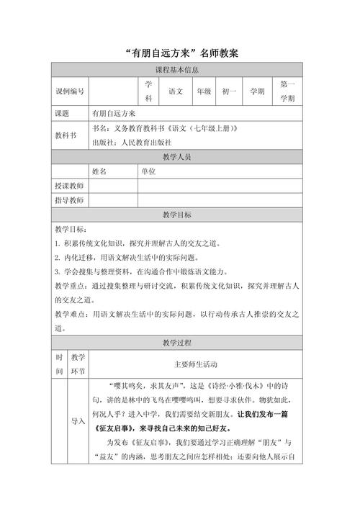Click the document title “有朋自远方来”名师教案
[x=181, y=53]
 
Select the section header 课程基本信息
[x=181, y=71]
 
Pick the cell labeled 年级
[x=206, y=91]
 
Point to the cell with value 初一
[x=230, y=91]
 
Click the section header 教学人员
[x=181, y=157]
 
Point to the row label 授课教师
[x=69, y=186]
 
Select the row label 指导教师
[x=69, y=201]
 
